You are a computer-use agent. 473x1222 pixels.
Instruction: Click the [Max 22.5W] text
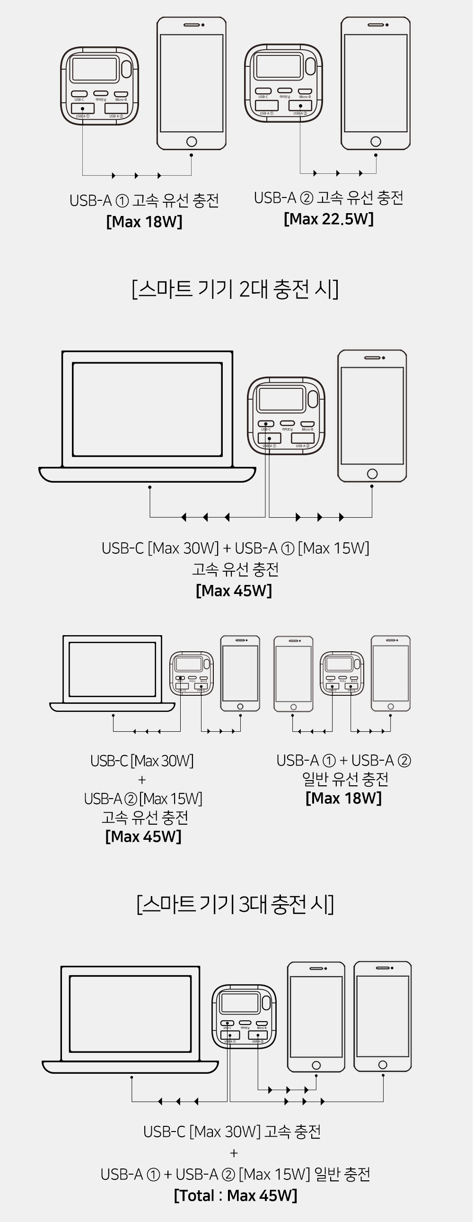[328, 219]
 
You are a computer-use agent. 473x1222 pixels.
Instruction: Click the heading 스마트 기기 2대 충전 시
[236, 289]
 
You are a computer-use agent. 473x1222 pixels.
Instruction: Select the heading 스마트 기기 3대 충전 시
[236, 904]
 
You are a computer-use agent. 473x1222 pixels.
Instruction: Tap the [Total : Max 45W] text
[236, 1195]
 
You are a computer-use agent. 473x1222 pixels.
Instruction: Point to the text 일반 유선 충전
[345, 779]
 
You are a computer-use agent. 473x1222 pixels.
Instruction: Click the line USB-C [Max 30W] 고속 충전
[232, 1132]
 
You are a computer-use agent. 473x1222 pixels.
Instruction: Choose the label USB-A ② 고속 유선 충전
[328, 198]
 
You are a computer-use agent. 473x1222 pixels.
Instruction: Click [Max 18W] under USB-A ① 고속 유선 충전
[144, 222]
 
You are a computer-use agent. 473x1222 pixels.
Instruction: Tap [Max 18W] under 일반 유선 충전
[343, 798]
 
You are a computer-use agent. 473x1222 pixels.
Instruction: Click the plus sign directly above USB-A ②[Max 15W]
[142, 780]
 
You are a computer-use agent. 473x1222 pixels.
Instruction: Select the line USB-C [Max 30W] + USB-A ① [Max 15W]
[236, 548]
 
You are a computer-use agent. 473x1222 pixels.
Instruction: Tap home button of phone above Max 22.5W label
[376, 141]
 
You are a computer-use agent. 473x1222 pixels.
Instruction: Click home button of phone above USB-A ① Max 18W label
[192, 141]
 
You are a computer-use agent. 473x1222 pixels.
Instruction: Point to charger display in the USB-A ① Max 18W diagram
[94, 69]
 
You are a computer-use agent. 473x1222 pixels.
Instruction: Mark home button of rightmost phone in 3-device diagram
[383, 1065]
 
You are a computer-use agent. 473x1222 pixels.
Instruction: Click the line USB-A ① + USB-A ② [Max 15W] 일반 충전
[236, 1174]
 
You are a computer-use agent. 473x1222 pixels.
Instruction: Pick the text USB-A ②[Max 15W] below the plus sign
[143, 799]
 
